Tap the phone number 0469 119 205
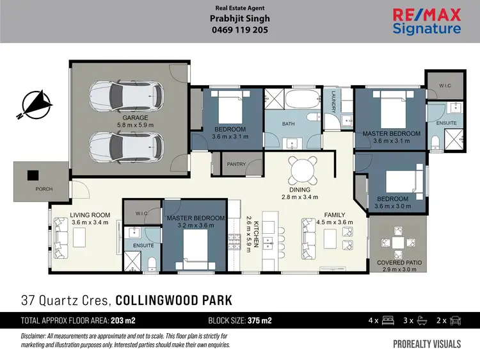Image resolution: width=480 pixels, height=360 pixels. coord(240,30)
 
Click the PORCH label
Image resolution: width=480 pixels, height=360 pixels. coord(44,189)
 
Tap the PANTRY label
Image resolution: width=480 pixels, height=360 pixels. coord(236,165)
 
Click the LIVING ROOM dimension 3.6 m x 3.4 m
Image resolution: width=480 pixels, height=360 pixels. coord(90,222)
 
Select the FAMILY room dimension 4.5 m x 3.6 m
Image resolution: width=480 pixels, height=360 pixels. coord(335,222)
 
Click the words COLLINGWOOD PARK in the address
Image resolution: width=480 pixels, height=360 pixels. coord(175,299)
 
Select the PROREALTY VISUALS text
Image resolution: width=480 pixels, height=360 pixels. coord(426,344)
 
